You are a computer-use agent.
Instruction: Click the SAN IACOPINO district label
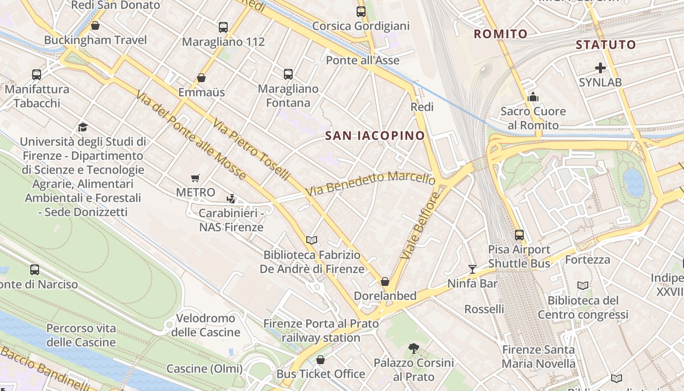pos(375,136)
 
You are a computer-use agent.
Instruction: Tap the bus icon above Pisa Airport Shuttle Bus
pos(519,235)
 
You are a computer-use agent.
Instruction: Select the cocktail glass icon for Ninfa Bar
pos(472,269)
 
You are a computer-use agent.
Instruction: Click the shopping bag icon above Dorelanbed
pos(385,282)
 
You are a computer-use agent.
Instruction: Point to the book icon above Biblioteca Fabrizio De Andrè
pos(312,240)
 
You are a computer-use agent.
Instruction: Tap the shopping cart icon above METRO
pos(195,178)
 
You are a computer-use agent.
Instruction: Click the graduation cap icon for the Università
pos(83,128)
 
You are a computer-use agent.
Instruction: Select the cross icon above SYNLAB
pos(600,68)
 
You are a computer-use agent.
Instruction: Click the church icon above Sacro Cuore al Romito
pos(533,97)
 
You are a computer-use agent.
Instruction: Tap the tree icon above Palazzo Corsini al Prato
pos(413,348)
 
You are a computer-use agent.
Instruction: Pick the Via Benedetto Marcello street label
pos(370,183)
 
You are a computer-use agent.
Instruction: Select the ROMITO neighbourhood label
pos(501,34)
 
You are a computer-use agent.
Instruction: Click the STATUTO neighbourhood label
pos(606,45)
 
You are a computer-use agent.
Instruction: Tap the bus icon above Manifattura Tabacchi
pos(37,75)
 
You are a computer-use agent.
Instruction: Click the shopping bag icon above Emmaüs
pos(201,78)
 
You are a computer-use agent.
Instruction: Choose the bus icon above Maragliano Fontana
pos(288,74)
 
